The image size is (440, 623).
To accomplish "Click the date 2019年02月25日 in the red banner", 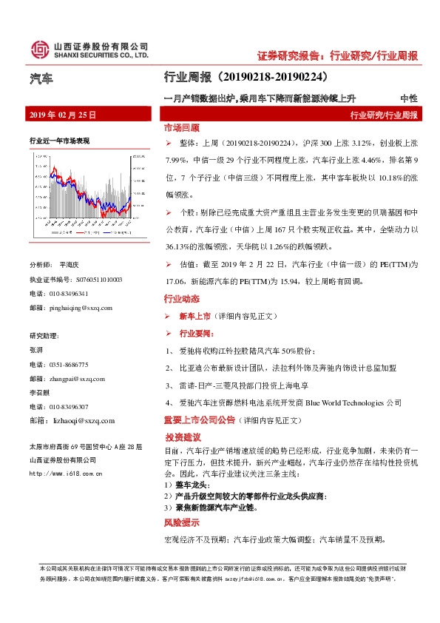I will (62, 115).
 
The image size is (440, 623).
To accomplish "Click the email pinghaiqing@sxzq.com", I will (81, 308).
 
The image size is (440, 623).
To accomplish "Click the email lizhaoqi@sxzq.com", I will (81, 420).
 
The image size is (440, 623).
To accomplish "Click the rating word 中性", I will (408, 98).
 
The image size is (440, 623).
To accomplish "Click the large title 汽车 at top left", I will (41, 78).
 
